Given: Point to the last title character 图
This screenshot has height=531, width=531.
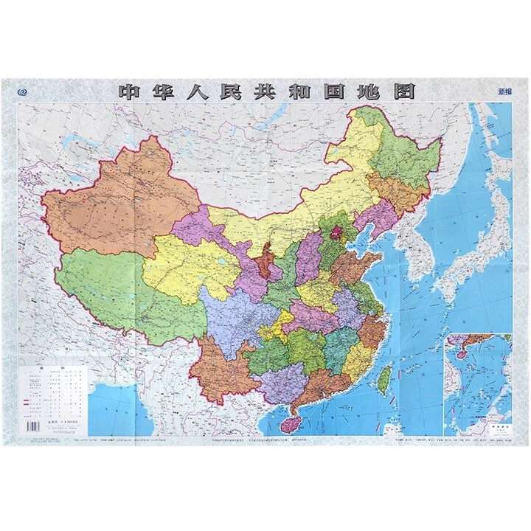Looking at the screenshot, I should pos(401,91).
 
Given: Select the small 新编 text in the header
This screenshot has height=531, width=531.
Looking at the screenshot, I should pos(505,93).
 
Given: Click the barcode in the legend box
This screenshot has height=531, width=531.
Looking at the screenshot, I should pos(32,426).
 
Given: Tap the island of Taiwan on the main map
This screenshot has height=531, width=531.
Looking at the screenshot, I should pos(383,378).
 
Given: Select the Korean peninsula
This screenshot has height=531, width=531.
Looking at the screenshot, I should pos(413,251).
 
